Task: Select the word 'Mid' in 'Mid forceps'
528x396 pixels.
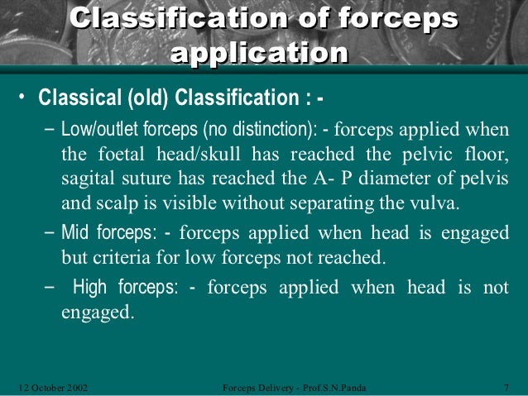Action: (x=75, y=234)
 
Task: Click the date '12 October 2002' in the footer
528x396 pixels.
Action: (x=55, y=386)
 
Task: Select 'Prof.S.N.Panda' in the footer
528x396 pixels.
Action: (x=333, y=386)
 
